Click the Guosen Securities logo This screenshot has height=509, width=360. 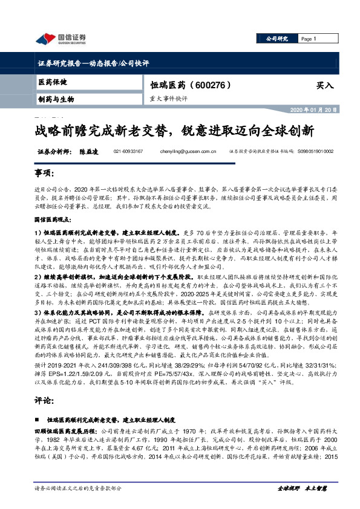[61, 40]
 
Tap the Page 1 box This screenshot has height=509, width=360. [309, 39]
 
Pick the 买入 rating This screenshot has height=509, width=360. [325, 86]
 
